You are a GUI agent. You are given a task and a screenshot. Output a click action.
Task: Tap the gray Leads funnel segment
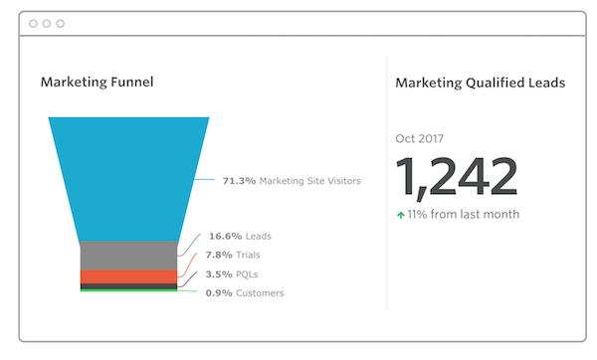click(x=128, y=255)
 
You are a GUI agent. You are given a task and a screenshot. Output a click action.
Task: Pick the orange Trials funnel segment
click(x=128, y=275)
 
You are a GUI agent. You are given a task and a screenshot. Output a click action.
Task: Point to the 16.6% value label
click(x=224, y=237)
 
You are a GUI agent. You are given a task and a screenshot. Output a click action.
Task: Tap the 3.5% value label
click(x=220, y=273)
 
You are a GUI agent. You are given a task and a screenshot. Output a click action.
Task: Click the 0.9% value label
click(x=220, y=292)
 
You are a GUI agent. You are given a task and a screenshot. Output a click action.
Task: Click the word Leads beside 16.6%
click(x=258, y=237)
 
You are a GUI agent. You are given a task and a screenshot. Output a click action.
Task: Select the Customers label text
click(x=260, y=292)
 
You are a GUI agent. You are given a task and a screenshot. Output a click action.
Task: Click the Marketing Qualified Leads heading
click(x=480, y=83)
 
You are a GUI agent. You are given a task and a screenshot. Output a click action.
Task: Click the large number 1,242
click(x=457, y=178)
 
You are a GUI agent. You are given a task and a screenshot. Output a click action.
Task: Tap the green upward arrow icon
click(x=401, y=214)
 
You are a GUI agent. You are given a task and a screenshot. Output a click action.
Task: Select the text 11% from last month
click(x=464, y=214)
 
